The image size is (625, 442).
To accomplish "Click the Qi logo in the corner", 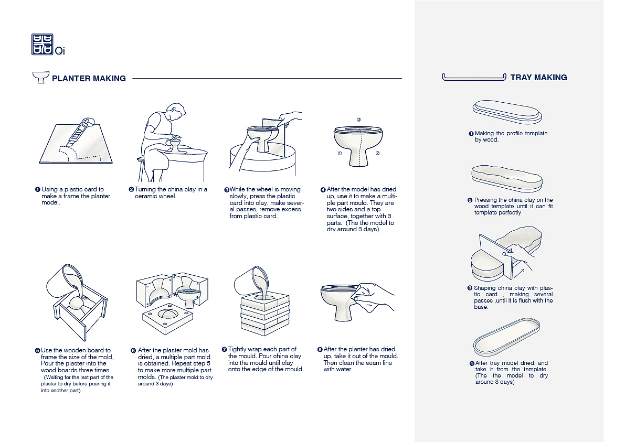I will (x=43, y=45).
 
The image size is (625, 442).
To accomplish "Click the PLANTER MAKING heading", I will (x=89, y=79).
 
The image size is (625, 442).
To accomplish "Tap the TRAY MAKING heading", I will (x=538, y=78).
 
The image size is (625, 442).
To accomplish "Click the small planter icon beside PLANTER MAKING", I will (x=40, y=78).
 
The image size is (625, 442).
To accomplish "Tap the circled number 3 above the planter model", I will (x=359, y=120).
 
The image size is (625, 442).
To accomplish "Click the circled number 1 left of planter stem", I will (x=340, y=154).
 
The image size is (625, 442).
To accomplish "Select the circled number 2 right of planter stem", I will (x=378, y=154).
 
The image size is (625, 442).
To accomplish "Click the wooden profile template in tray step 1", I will (x=507, y=112).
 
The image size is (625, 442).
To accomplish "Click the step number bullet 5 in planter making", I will (x=38, y=350).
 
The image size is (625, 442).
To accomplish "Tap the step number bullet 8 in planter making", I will (x=320, y=349).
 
